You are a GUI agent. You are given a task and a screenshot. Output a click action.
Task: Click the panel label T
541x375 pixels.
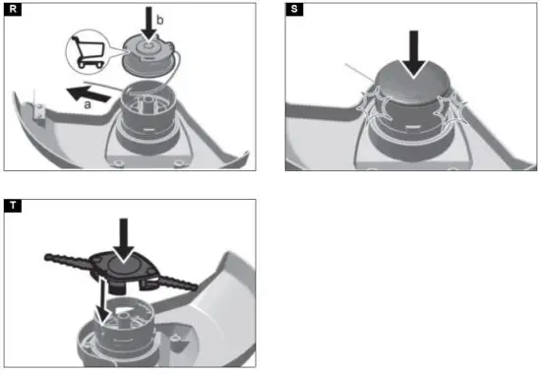[11, 208]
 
